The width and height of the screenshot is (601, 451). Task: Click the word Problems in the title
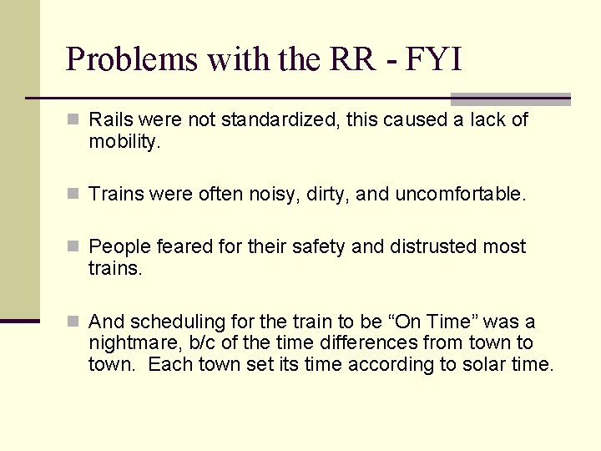tap(131, 59)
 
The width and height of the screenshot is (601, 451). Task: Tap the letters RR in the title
tap(341, 59)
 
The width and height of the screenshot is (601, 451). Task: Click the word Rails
tap(110, 120)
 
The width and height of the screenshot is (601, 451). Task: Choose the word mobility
tap(123, 142)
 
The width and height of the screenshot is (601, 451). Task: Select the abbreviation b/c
tap(199, 343)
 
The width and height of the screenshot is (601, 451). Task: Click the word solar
tap(487, 364)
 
